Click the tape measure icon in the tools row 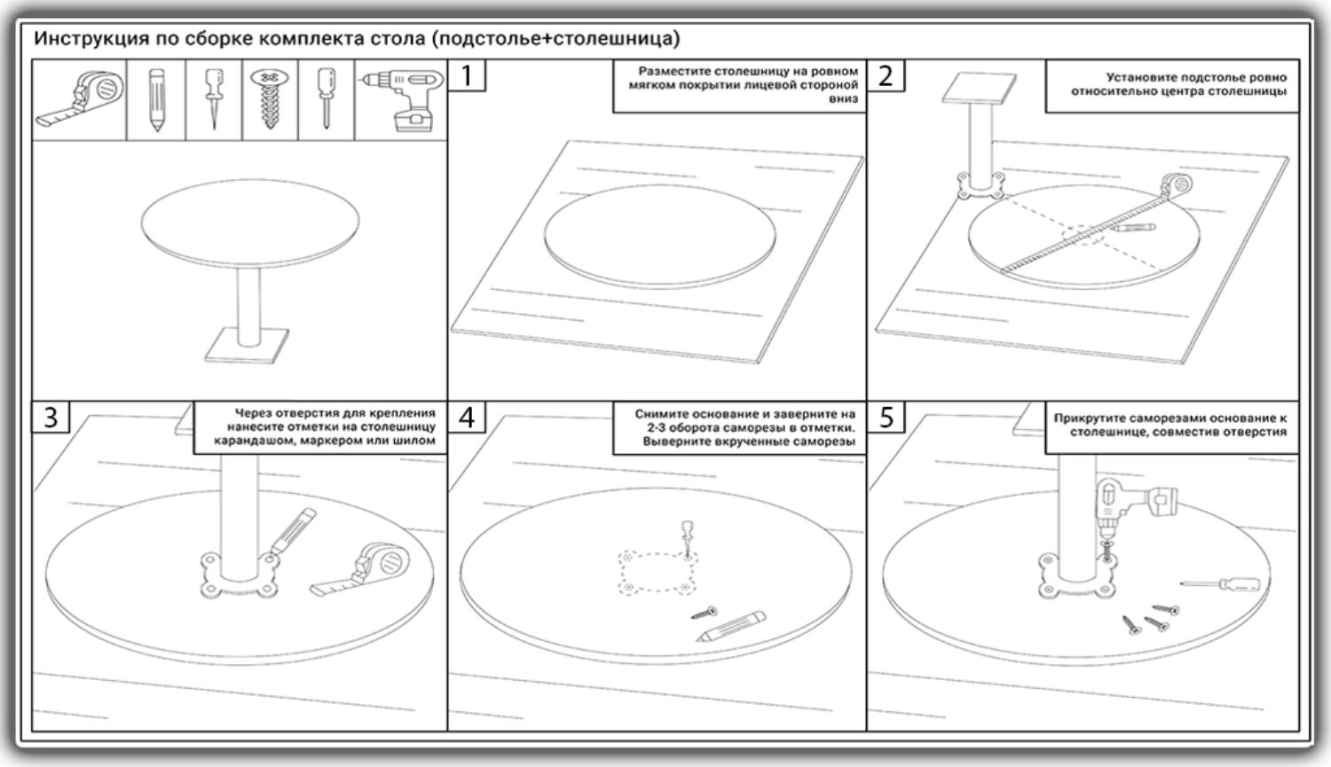(80, 98)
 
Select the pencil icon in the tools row (156, 99)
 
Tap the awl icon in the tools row (214, 98)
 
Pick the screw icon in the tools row (269, 98)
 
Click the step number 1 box (467, 75)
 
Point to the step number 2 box (886, 75)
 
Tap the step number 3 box (51, 417)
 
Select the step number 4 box (467, 417)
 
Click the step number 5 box (886, 417)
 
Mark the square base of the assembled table (247, 345)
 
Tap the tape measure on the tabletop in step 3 (360, 570)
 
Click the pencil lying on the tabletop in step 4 (731, 626)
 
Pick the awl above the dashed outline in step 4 (687, 538)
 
